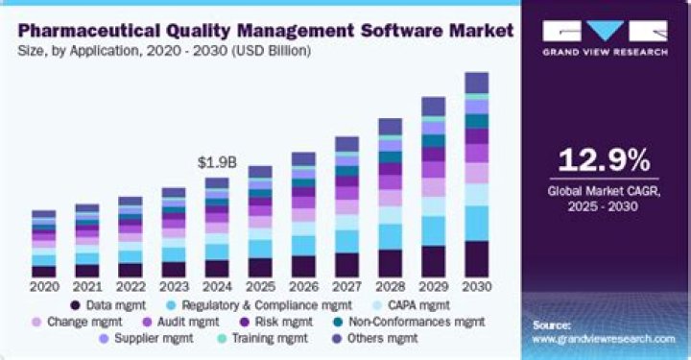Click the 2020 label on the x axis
[x=43, y=285]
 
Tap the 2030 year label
[x=476, y=285]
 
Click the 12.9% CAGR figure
[x=602, y=160]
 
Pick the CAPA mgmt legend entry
[x=412, y=304]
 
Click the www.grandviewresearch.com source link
[x=604, y=339]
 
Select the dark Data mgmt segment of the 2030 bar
[x=476, y=258]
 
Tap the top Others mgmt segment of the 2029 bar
[x=433, y=106]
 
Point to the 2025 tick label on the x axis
[x=259, y=285]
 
